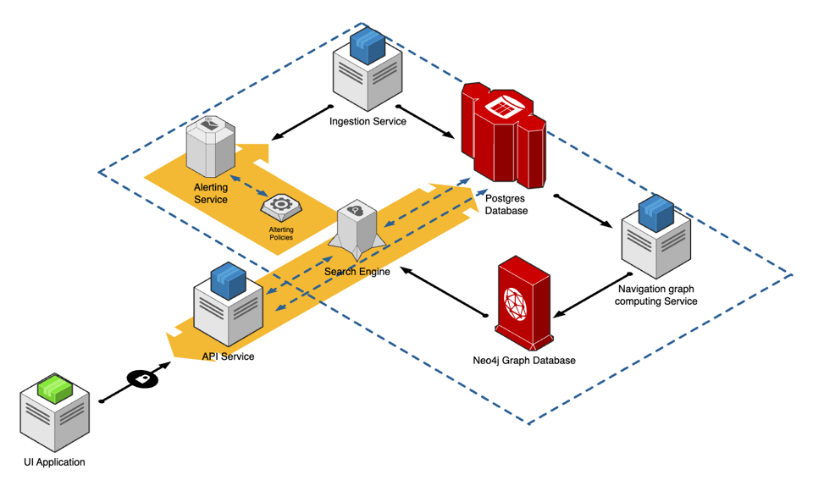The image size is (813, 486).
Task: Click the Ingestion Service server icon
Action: coord(367,68)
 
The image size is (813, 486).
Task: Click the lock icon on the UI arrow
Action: coord(142,378)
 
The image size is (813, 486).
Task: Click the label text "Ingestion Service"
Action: coord(368,121)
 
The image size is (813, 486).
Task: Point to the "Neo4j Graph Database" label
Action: coord(524,361)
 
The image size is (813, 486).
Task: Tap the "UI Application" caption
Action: coord(55,462)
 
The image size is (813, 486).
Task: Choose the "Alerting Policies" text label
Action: coord(280,234)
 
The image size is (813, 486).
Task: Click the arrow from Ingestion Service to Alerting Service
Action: coord(298,123)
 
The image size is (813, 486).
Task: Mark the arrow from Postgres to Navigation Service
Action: coord(583,211)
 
